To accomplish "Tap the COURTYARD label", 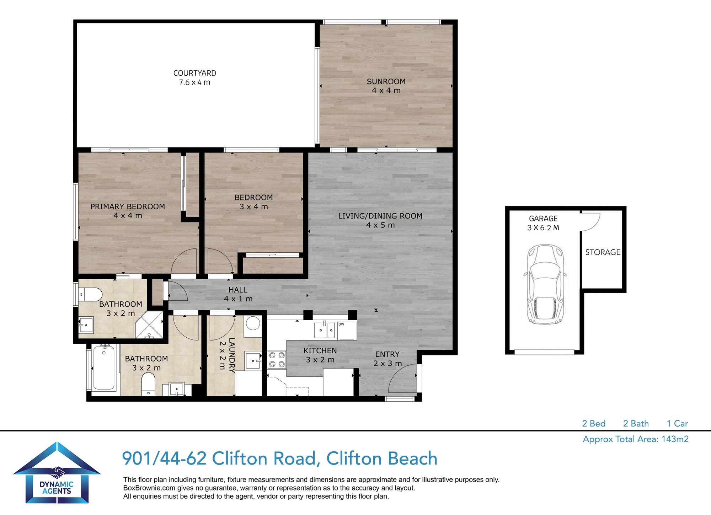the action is click(x=195, y=73).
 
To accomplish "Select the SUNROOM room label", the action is click(x=386, y=81).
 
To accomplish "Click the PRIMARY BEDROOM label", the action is click(x=128, y=206).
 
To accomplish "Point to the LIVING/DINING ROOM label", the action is click(x=380, y=216).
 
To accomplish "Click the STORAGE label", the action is click(x=603, y=252).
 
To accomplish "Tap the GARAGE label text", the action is click(x=543, y=219).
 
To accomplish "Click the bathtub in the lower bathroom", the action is click(x=104, y=368).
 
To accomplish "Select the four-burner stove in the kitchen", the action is click(x=277, y=359).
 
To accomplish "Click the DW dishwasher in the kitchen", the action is click(x=347, y=331).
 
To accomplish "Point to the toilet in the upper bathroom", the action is click(x=90, y=295).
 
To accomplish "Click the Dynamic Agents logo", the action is click(x=57, y=473).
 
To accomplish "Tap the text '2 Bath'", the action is click(x=636, y=423).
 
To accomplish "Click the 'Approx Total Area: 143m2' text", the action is click(x=636, y=439).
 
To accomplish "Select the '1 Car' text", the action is click(x=677, y=423).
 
